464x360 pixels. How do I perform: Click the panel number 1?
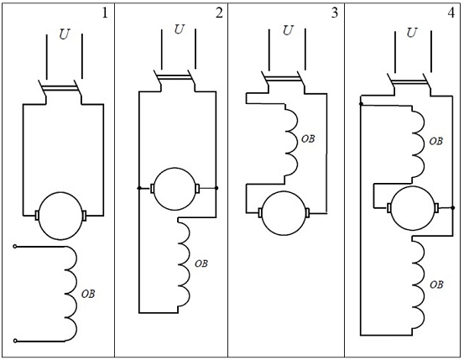(x=105, y=13)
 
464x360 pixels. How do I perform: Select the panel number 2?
(x=219, y=13)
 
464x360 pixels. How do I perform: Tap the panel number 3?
(x=335, y=13)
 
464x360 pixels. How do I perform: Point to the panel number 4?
(x=451, y=13)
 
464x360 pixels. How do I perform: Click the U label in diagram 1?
(x=65, y=34)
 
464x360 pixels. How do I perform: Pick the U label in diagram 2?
(x=179, y=29)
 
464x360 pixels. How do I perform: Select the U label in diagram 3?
(x=288, y=30)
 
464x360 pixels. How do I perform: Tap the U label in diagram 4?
(x=412, y=32)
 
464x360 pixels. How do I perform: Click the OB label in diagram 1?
(x=88, y=294)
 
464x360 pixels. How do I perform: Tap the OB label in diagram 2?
(x=201, y=263)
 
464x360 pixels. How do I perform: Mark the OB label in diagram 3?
(x=308, y=138)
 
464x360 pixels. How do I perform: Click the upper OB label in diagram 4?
(x=436, y=141)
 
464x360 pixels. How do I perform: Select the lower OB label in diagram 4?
(x=436, y=284)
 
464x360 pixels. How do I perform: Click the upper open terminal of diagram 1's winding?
(x=15, y=246)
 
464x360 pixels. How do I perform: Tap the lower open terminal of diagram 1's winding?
(x=15, y=341)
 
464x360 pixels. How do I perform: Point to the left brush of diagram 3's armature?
(x=260, y=213)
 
